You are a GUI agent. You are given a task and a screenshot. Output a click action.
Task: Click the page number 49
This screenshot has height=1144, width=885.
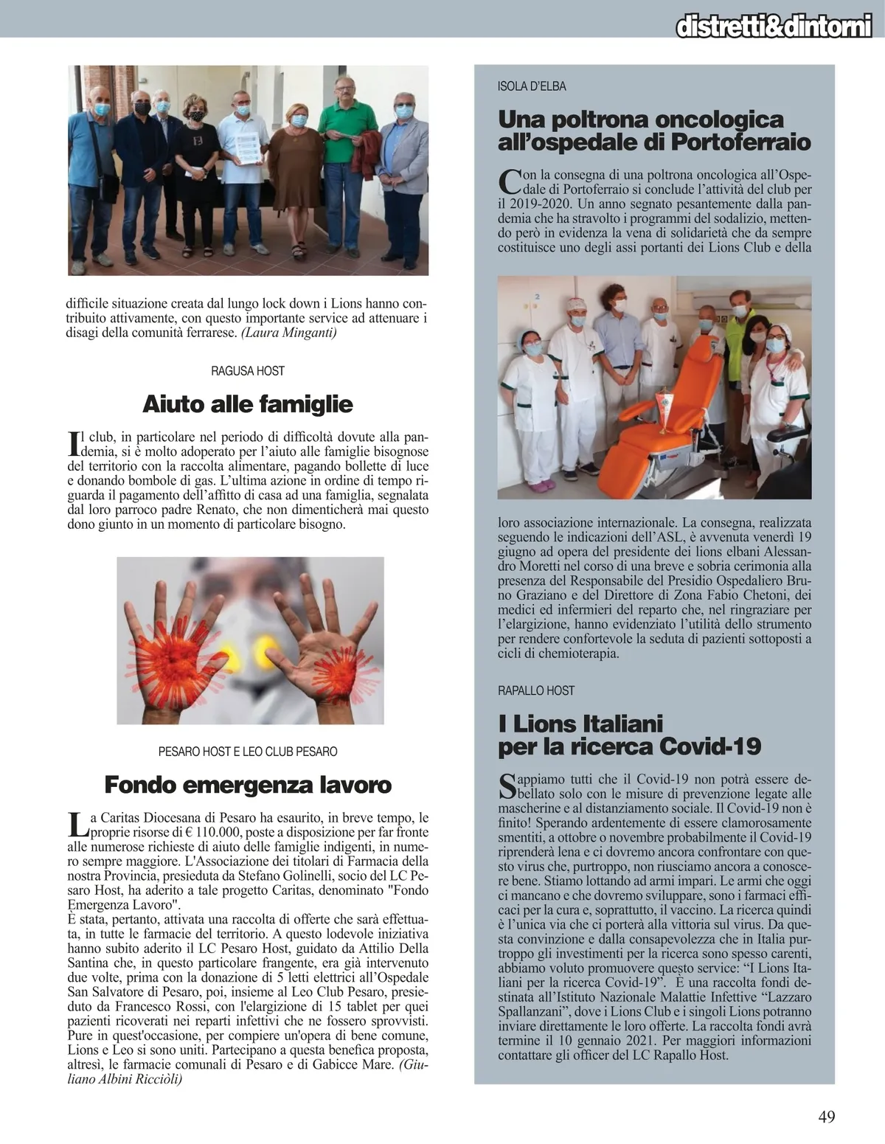click(827, 1116)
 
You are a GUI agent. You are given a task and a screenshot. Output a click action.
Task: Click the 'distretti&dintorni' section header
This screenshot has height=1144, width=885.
click(774, 27)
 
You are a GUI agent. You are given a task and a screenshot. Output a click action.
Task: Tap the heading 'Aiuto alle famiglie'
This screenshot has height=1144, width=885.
click(247, 404)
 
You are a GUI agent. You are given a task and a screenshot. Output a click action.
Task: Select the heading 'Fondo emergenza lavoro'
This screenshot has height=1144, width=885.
click(247, 784)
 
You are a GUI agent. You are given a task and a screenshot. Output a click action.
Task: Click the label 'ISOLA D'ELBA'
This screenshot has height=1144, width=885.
click(532, 86)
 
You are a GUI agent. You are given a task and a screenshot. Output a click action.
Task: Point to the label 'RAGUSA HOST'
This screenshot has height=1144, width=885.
click(247, 370)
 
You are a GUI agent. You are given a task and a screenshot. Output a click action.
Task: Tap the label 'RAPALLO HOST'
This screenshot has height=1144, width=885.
click(536, 690)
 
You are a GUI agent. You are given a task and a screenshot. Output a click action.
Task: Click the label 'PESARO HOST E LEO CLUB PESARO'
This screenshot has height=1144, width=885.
click(247, 752)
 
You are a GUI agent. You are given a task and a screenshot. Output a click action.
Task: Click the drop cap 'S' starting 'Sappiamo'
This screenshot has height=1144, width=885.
click(508, 786)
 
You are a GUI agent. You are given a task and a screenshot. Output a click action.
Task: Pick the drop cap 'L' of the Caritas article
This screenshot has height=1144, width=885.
click(76, 825)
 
